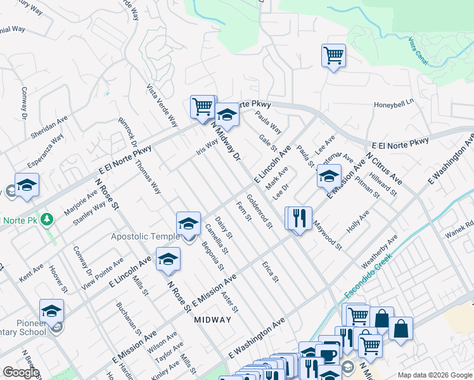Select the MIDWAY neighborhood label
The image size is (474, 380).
click(213, 319)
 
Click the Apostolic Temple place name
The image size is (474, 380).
click(146, 236)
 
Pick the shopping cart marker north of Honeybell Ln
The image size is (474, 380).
click(333, 55)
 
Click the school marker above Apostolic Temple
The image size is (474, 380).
click(188, 223)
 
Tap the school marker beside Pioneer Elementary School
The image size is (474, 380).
click(51, 310)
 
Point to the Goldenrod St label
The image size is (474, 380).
click(259, 212)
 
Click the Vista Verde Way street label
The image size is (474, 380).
click(162, 106)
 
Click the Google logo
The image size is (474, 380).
click(21, 372)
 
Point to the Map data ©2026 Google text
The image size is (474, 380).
click(434, 375)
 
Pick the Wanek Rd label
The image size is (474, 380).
click(461, 227)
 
